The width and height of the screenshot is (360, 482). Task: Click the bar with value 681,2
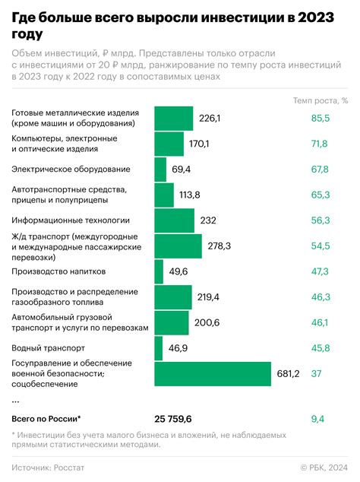pos(213,373)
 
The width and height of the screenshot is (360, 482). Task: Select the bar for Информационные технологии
pos(175,220)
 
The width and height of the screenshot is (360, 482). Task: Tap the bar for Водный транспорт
pos(159,348)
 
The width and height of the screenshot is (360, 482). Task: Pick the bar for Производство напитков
pos(159,271)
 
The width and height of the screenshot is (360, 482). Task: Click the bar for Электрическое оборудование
pos(160,169)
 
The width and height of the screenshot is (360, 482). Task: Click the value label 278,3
pos(219,246)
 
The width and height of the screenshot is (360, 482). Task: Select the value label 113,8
pos(189,195)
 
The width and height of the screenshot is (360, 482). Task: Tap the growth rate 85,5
pos(320,118)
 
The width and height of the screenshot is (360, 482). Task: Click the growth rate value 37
pos(317,373)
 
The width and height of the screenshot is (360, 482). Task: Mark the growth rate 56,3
pos(320,220)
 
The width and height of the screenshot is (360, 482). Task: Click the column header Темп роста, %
pos(321,100)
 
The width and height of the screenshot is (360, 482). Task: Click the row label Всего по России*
pos(46,419)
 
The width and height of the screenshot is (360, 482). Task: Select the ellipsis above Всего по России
pos(16,399)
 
